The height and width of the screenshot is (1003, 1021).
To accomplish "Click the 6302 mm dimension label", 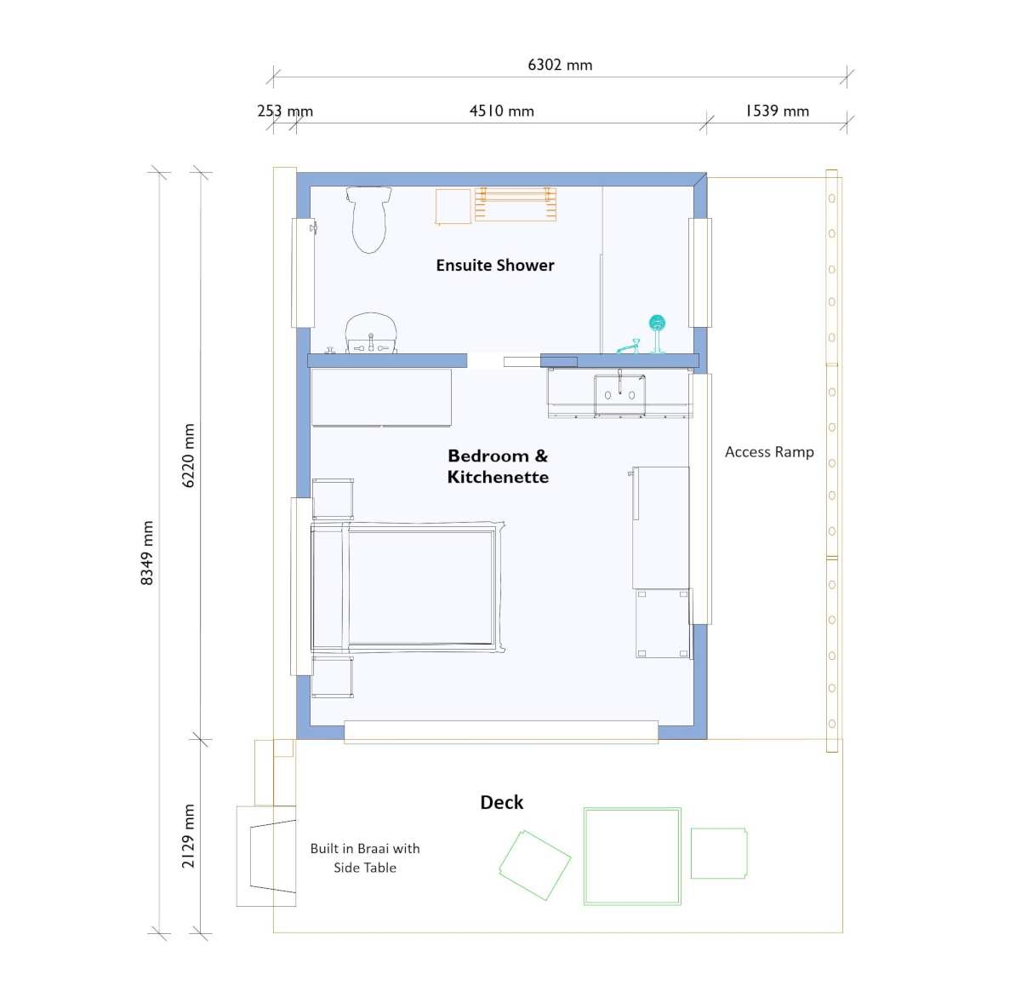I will [560, 65].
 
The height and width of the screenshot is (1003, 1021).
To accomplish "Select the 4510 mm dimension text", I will [501, 111].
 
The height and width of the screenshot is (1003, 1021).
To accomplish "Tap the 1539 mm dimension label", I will [777, 111].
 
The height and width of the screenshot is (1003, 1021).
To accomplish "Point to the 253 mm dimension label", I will [285, 112].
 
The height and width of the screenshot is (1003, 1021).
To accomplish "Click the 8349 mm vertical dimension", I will [147, 553].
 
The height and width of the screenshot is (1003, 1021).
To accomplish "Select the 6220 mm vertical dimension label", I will [189, 456].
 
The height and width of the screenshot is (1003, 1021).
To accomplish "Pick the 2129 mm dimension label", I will [189, 836].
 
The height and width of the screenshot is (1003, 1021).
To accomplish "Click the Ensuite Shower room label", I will [494, 265].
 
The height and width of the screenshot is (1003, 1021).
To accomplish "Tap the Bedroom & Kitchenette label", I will [498, 466].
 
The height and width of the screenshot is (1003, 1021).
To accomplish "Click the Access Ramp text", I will [769, 452].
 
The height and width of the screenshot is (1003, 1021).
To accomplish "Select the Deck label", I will [501, 802].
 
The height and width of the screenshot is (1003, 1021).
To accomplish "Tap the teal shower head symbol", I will [656, 324].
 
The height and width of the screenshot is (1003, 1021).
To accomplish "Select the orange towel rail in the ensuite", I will [516, 204].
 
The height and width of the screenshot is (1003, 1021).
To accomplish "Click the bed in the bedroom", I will [407, 587].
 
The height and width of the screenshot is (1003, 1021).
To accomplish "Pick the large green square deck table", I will [632, 856].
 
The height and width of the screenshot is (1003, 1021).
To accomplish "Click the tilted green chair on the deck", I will [534, 864].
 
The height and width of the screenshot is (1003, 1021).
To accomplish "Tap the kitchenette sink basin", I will [619, 393].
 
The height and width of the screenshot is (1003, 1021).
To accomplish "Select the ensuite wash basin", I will [371, 333].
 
